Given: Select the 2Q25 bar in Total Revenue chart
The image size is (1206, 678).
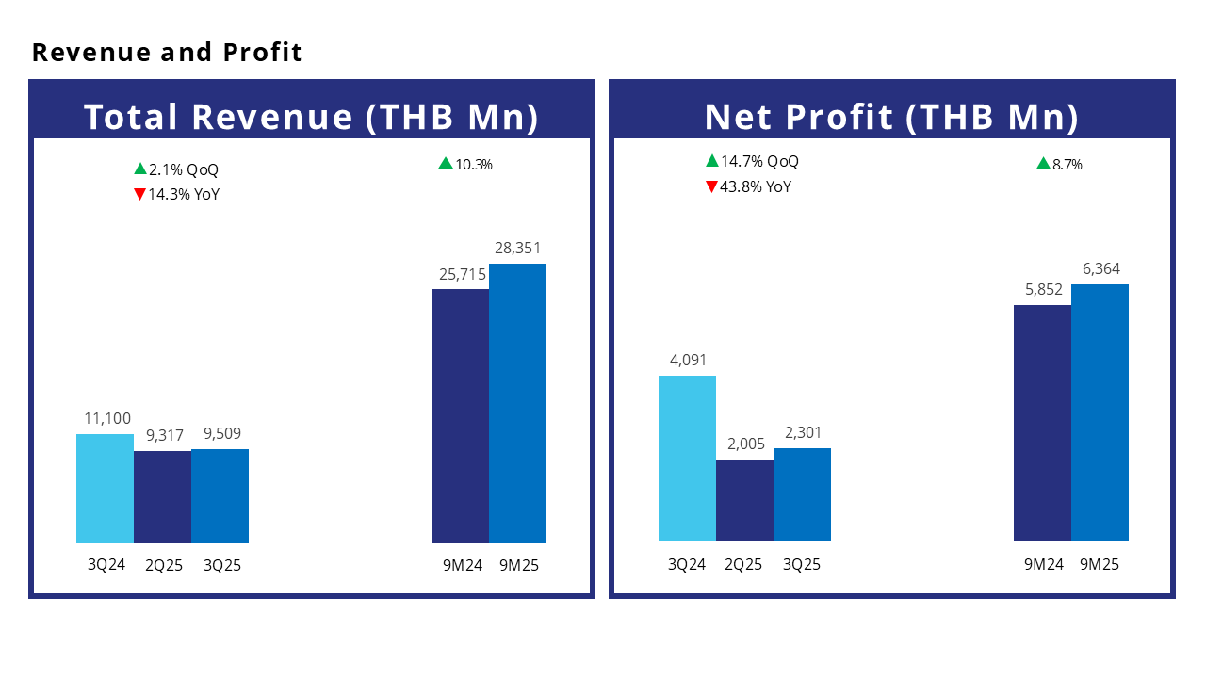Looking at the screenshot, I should click(x=162, y=496).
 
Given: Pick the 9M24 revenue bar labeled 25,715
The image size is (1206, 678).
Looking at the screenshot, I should click(x=460, y=415).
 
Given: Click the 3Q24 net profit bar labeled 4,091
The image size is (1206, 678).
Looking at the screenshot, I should click(x=687, y=458).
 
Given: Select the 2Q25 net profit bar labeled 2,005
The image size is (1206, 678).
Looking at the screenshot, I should click(x=744, y=499).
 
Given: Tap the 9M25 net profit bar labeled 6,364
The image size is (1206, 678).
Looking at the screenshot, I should click(x=1100, y=412).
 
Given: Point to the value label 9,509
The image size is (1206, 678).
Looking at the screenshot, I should click(x=220, y=434).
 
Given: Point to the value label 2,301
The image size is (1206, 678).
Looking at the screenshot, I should click(x=802, y=433).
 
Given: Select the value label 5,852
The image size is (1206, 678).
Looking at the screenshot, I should click(x=1042, y=290).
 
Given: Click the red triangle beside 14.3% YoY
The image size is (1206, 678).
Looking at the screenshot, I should click(x=139, y=195).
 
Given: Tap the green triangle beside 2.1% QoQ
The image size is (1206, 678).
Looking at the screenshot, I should click(x=139, y=169).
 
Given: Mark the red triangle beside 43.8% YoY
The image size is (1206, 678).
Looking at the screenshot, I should click(x=711, y=186).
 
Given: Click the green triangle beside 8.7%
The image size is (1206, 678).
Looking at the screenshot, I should click(x=1043, y=164).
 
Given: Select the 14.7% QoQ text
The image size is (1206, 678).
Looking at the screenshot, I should click(x=759, y=162).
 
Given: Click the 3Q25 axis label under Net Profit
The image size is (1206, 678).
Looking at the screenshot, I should click(x=802, y=565).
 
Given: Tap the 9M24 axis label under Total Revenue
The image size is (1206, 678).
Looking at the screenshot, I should click(x=461, y=566).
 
